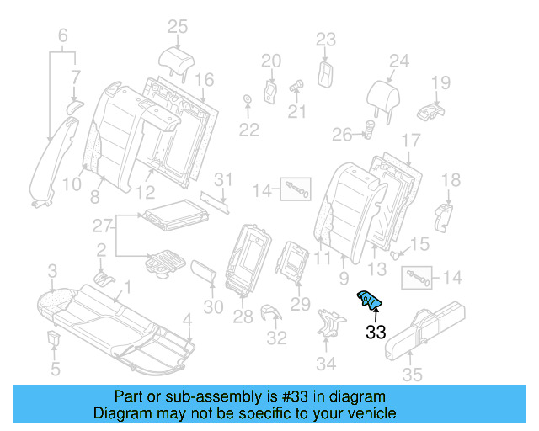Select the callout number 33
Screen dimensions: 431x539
(x=376, y=333)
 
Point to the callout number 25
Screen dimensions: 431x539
(x=177, y=27)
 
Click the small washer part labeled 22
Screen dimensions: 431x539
(x=248, y=102)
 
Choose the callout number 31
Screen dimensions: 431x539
(x=221, y=178)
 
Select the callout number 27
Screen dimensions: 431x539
(x=102, y=226)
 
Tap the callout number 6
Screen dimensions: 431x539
(x=62, y=35)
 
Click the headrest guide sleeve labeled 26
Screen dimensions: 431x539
(x=369, y=129)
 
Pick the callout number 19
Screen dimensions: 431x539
(x=440, y=82)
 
